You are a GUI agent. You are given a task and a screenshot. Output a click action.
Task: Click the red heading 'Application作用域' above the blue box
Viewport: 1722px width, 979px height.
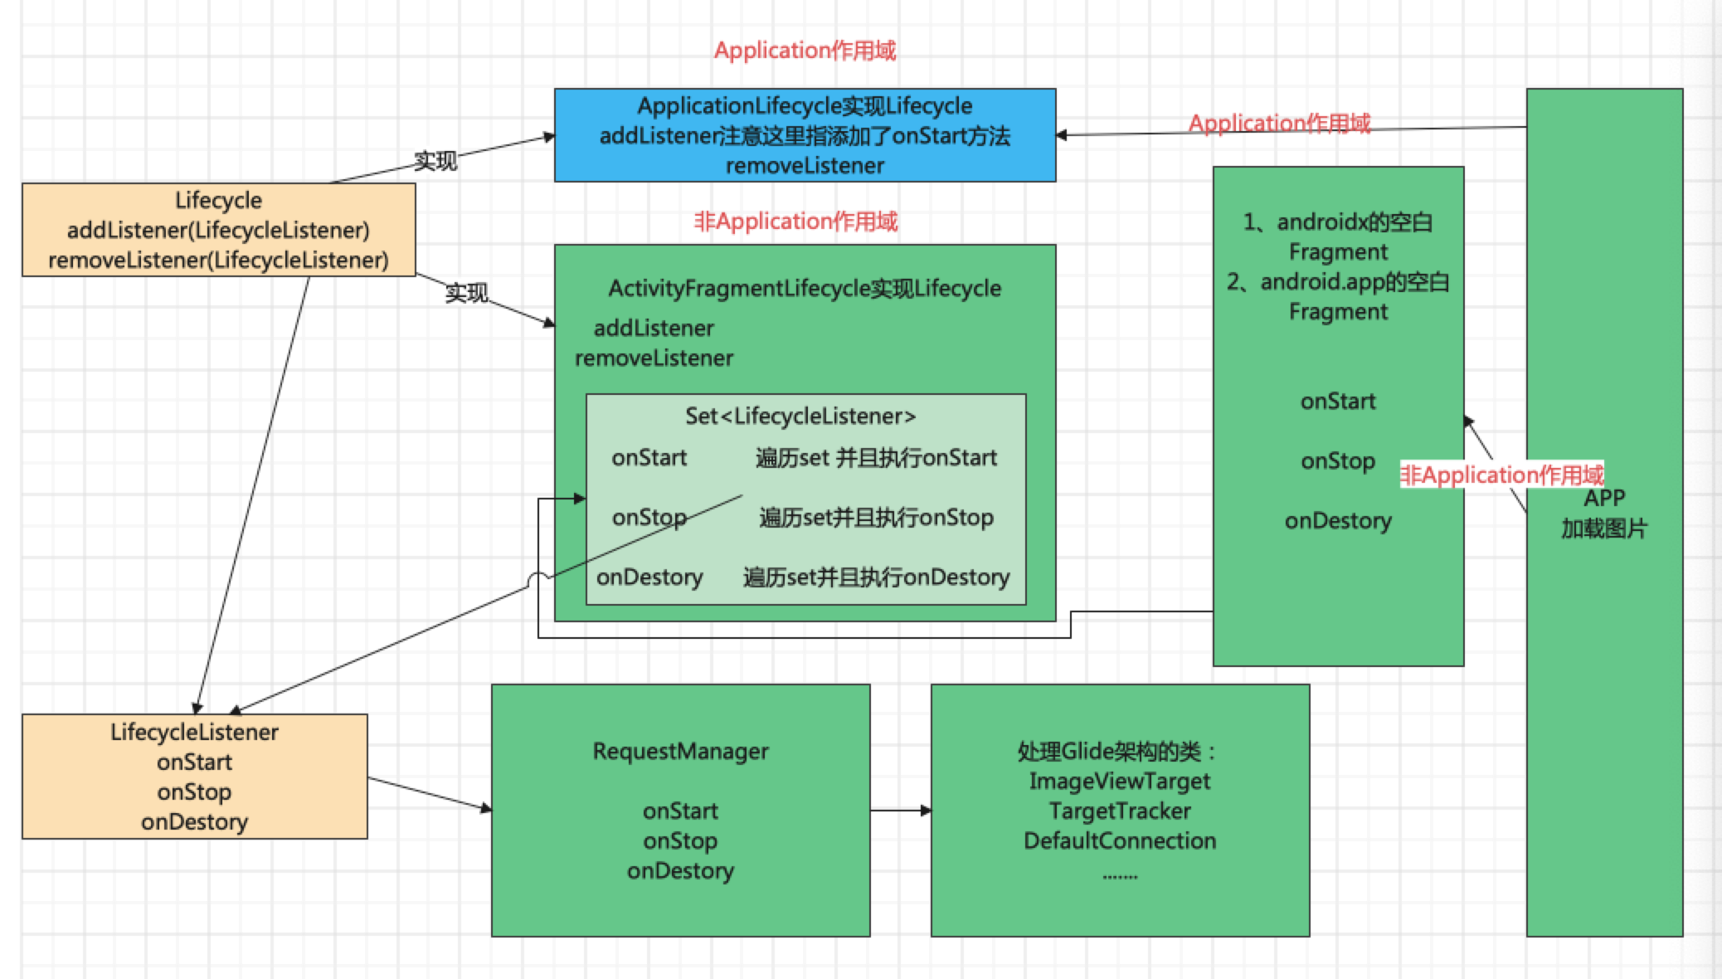pos(805,51)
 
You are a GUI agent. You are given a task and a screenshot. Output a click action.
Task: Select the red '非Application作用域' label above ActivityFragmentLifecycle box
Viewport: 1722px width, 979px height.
pos(795,222)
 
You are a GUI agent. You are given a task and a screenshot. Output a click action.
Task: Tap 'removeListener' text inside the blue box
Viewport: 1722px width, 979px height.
pos(805,166)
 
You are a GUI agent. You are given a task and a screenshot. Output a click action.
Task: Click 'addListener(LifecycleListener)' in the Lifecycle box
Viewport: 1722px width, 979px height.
pos(218,231)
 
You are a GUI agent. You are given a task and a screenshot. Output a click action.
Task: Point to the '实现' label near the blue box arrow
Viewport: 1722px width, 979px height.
pos(435,160)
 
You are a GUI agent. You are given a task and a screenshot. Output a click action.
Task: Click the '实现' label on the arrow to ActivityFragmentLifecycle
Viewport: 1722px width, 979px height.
pos(466,293)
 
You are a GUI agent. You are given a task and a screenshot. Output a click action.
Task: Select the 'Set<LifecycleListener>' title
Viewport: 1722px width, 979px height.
pos(800,416)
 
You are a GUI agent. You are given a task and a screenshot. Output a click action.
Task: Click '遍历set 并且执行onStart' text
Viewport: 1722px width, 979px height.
pos(876,458)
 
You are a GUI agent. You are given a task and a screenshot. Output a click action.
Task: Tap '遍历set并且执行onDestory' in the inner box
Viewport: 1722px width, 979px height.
pos(876,577)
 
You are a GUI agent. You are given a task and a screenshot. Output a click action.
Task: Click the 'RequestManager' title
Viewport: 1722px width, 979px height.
pos(680,752)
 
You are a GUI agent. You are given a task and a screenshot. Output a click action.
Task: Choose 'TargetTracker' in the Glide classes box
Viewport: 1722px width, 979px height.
pos(1120,811)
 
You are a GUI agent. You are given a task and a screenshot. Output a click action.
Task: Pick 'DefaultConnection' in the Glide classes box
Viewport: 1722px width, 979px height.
pos(1120,841)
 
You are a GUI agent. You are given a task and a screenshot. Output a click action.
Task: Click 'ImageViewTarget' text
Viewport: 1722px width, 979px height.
pos(1120,782)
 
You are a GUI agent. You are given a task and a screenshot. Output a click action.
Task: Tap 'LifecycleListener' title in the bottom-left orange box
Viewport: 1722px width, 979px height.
pos(194,733)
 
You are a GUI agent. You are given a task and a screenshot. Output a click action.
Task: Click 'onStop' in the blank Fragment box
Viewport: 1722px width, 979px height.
pos(1337,461)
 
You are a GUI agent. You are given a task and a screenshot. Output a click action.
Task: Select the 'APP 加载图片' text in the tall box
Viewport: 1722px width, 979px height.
pos(1603,514)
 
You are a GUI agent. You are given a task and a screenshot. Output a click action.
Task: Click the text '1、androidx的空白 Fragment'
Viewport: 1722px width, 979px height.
pos(1337,236)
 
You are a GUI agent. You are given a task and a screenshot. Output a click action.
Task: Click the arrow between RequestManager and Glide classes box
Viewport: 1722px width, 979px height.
pos(900,811)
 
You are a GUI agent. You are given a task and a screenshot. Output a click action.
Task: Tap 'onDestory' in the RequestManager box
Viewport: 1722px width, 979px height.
pos(680,871)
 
